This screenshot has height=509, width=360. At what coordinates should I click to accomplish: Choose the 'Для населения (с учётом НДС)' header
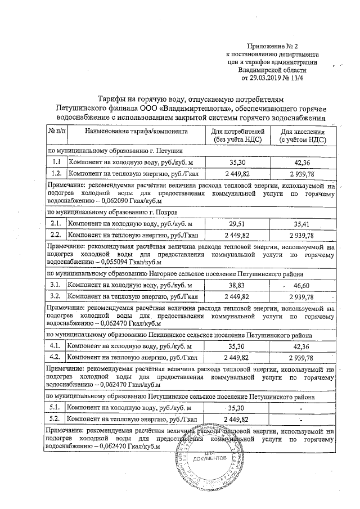(300, 135)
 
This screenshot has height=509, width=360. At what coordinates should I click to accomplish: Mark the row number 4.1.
(56, 346)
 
